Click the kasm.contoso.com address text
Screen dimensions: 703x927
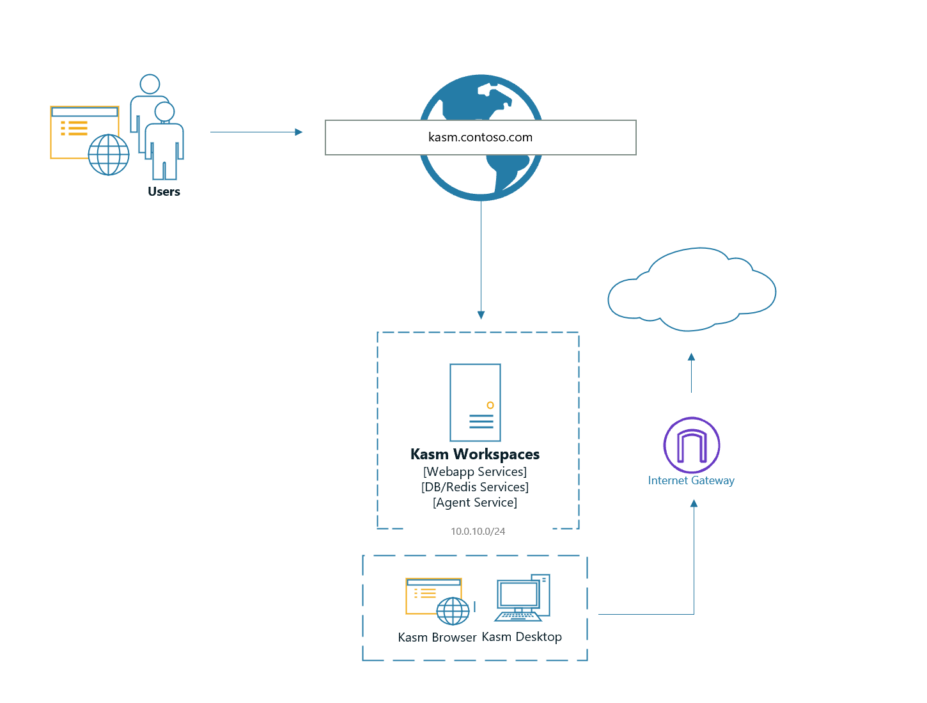480,137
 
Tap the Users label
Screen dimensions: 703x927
164,191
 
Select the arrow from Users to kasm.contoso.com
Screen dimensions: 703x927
256,132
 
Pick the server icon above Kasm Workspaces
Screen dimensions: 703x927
475,402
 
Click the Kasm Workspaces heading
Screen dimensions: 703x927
475,454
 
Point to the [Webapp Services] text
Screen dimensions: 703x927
475,471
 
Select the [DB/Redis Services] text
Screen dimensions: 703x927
475,487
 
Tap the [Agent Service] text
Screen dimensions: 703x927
475,502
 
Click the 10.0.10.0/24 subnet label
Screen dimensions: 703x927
478,531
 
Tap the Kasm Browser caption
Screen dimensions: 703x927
437,637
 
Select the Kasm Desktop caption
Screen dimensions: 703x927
522,636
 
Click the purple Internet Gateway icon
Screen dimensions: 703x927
692,445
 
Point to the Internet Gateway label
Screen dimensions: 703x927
691,480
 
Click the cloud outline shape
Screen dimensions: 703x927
692,291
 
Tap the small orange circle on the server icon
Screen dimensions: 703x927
490,405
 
